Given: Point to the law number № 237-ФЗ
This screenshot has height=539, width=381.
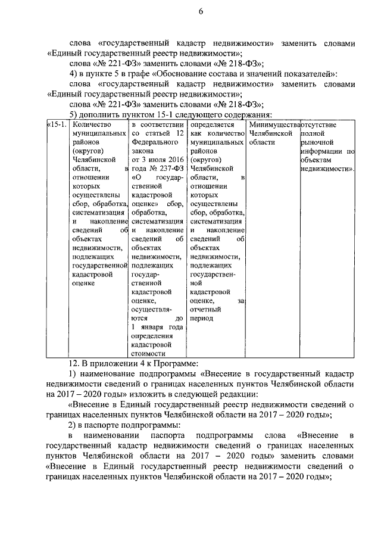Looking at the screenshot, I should (165, 168).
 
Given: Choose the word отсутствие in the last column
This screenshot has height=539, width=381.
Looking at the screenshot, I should (320, 125).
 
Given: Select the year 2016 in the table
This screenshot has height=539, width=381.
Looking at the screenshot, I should (174, 160).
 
